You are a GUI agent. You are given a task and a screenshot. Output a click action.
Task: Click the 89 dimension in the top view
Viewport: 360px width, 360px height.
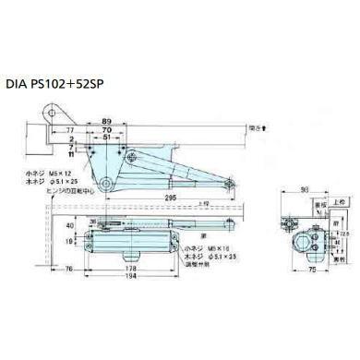coord(109,122)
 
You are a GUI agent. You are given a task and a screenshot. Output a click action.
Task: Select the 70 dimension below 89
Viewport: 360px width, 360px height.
coord(109,132)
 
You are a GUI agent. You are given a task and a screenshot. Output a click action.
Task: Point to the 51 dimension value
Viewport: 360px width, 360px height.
coord(109,141)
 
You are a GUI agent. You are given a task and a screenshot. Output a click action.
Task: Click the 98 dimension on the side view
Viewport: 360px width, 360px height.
coord(304,192)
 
